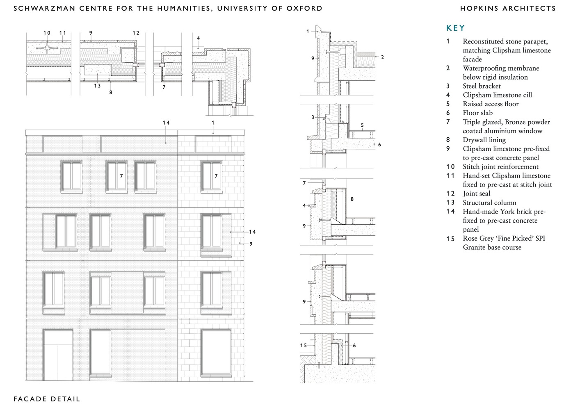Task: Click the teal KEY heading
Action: pos(455,28)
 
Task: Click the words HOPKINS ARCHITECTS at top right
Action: pos(508,9)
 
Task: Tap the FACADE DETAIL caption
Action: pos(47,399)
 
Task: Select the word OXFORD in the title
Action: pos(304,9)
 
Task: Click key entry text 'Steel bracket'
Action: pos(482,86)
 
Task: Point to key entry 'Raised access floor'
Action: pos(491,104)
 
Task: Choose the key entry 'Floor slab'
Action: pos(478,113)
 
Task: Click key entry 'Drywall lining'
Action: pos(484,140)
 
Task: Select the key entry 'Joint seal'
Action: pos(477,194)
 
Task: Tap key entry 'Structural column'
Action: pos(489,203)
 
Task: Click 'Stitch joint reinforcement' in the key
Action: pos(500,167)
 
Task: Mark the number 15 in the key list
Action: pos(450,239)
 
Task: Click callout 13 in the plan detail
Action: pos(97,86)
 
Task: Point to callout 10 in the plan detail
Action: pos(47,33)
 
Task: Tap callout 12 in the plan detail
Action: pos(136,33)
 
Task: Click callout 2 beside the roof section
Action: pos(382,57)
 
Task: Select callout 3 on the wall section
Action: pos(313,117)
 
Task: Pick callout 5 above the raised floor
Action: pos(362,125)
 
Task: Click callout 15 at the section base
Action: pos(304,345)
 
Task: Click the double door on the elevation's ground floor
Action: pos(58,355)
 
